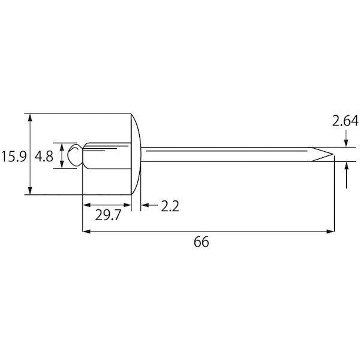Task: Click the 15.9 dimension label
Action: (14, 157)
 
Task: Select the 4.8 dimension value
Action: (44, 157)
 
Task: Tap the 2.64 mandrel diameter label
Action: (345, 121)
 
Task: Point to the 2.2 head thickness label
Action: (170, 206)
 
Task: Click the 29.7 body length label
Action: (108, 215)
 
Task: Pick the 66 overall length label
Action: (202, 242)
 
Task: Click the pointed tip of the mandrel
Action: (333, 154)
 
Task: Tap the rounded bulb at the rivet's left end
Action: (75, 155)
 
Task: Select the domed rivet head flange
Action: (136, 154)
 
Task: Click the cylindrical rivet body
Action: (107, 156)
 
